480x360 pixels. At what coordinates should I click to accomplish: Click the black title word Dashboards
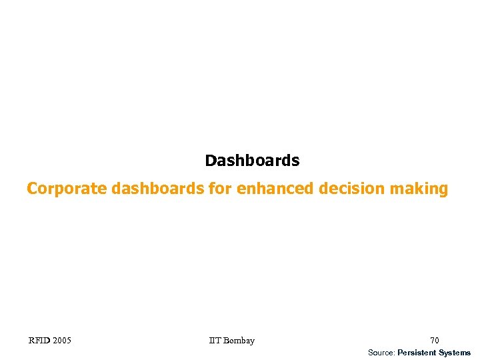click(252, 161)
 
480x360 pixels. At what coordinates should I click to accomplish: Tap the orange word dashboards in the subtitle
click(157, 189)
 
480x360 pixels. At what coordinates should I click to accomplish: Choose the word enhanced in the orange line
click(275, 189)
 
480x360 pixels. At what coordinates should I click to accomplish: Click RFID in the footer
click(38, 341)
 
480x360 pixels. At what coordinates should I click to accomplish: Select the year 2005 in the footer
click(61, 341)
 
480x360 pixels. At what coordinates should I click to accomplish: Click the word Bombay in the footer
click(239, 341)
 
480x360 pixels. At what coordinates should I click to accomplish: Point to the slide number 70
click(435, 341)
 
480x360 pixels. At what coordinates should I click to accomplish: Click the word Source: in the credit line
click(381, 353)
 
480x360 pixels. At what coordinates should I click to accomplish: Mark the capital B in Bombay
click(227, 341)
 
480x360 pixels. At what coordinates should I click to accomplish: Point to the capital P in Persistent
click(400, 353)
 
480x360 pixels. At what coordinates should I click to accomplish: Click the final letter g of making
click(443, 191)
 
